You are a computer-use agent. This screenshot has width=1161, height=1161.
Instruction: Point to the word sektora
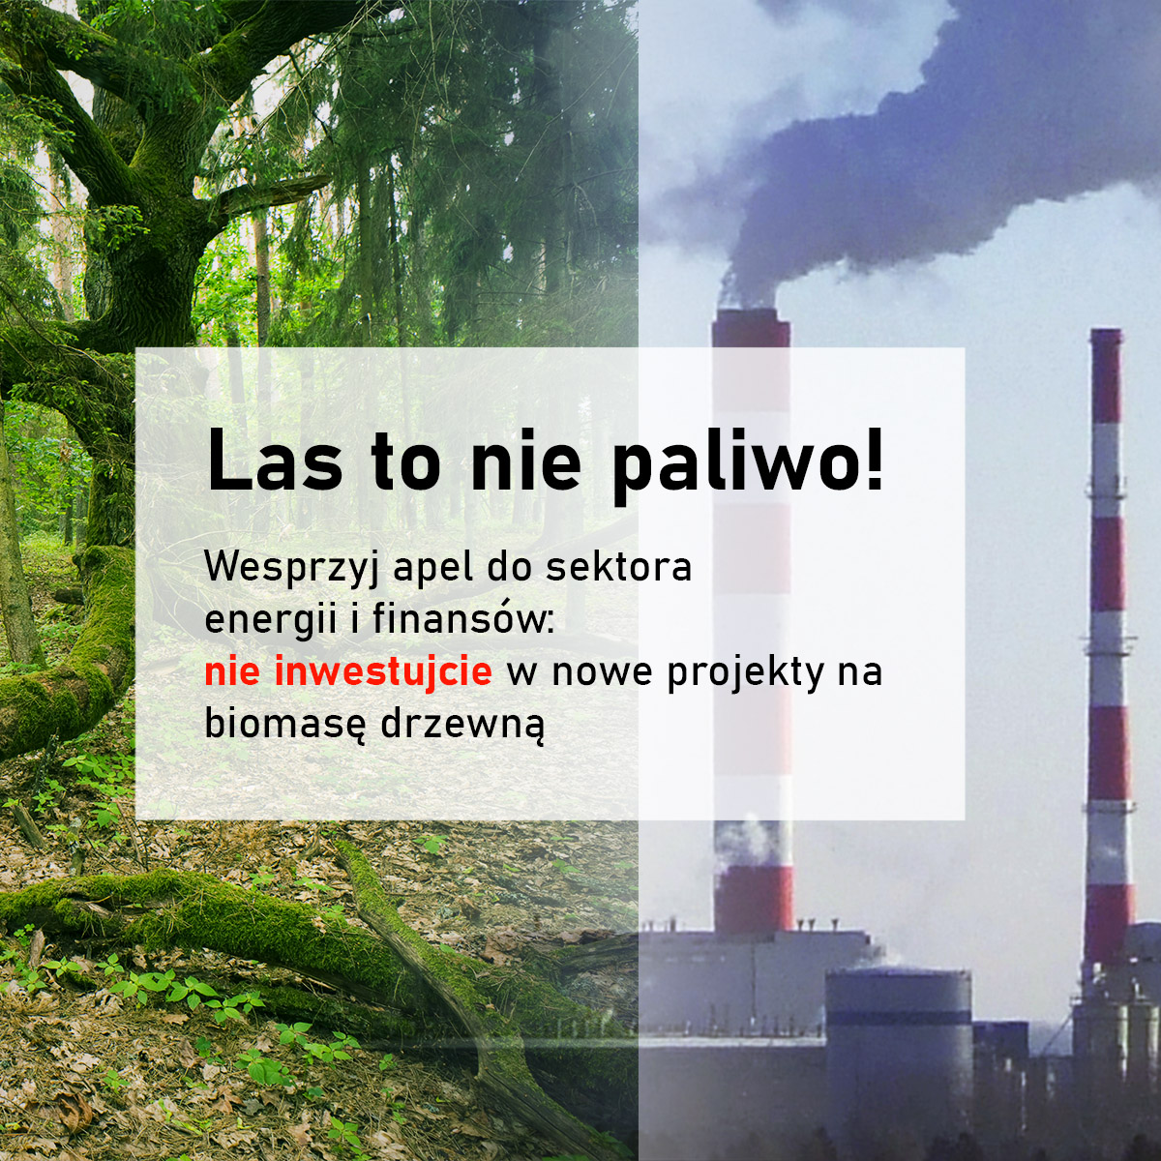click(619, 567)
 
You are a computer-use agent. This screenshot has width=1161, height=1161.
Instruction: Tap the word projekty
click(742, 673)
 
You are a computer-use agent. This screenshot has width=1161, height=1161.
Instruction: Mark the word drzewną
click(461, 725)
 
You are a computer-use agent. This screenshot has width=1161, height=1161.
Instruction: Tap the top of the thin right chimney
click(1106, 335)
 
